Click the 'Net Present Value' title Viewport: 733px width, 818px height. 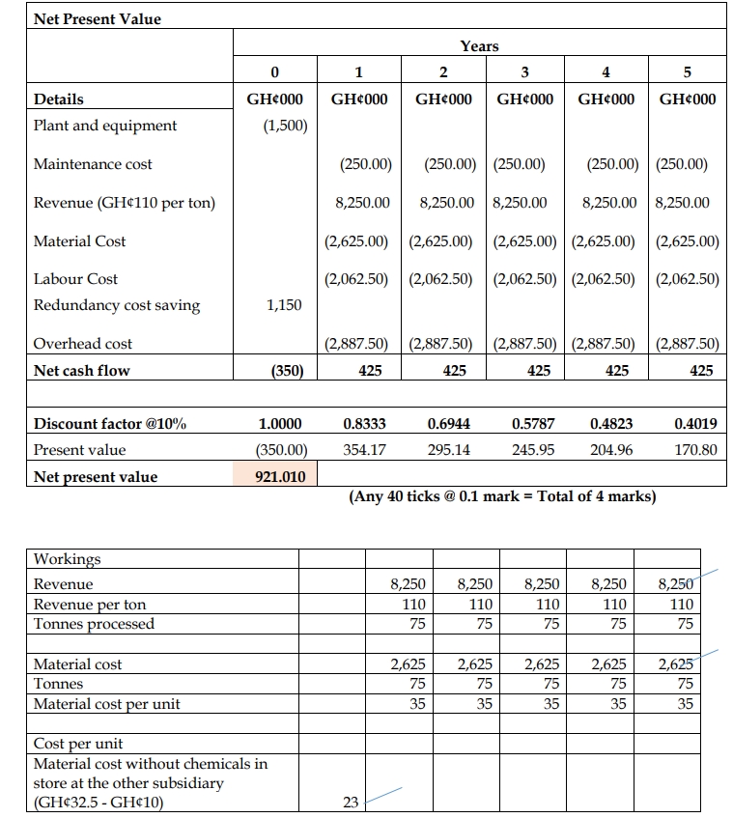coord(98,18)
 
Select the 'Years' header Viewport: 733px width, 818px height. coord(479,45)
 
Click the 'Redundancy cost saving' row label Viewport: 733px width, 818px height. coord(117,305)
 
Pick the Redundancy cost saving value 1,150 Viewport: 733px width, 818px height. coord(284,305)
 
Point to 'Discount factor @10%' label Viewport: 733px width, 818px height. coord(110,423)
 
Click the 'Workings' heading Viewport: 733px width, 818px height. coord(67,559)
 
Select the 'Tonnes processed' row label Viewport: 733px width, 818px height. coord(94,624)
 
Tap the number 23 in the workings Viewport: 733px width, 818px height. coord(351,801)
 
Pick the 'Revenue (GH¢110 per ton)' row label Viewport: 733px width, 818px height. coord(125,203)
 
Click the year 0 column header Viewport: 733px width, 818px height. coord(274,71)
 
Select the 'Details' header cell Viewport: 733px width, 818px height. coord(59,99)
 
